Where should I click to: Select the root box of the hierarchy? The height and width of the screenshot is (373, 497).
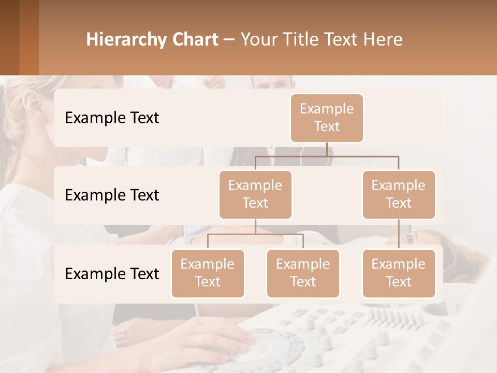tap(327, 118)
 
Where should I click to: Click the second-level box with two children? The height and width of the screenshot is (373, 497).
tap(255, 194)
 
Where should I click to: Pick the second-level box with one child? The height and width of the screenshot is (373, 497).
tap(399, 194)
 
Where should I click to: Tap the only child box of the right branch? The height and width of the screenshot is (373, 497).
tap(399, 273)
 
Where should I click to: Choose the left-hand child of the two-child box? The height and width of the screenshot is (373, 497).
tap(208, 273)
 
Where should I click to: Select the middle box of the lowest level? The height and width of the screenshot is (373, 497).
tap(303, 273)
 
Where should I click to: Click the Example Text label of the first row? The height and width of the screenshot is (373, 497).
tap(112, 118)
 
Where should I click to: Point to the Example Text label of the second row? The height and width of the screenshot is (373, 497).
tap(112, 195)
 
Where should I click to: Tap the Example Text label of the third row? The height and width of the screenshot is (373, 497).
tap(112, 274)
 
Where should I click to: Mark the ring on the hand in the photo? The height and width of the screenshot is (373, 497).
tap(123, 335)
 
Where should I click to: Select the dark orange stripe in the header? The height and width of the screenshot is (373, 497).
tap(29, 37)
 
